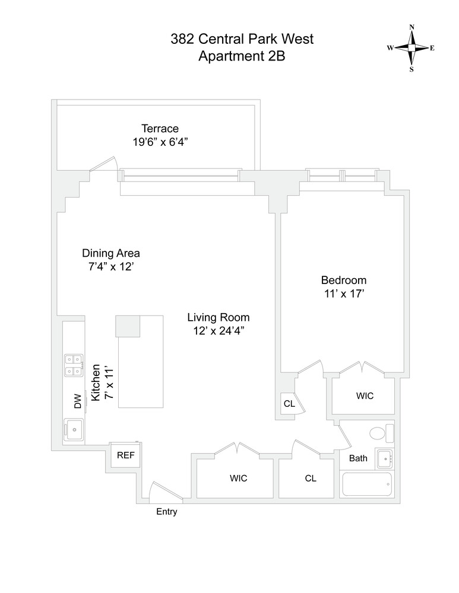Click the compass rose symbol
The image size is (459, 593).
[x=411, y=48]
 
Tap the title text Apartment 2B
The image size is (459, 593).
[x=242, y=57]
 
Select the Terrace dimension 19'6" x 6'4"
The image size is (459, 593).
[x=160, y=142]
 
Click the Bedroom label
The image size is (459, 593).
[x=344, y=280]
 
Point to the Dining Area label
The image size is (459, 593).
[x=111, y=253]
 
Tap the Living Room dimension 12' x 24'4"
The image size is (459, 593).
[x=218, y=331]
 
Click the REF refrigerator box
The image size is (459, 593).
[x=125, y=455]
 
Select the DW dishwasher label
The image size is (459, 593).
[x=77, y=403]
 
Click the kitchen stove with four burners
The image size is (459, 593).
[x=74, y=365]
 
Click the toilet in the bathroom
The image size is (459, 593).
[x=380, y=433]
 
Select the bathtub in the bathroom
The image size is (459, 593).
[x=367, y=485]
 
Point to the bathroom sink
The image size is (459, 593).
[x=384, y=458]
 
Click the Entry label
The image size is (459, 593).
[x=166, y=512]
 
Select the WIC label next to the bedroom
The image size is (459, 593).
[x=365, y=396]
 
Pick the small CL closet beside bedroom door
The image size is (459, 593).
[x=289, y=404]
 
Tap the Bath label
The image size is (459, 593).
[x=358, y=458]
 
